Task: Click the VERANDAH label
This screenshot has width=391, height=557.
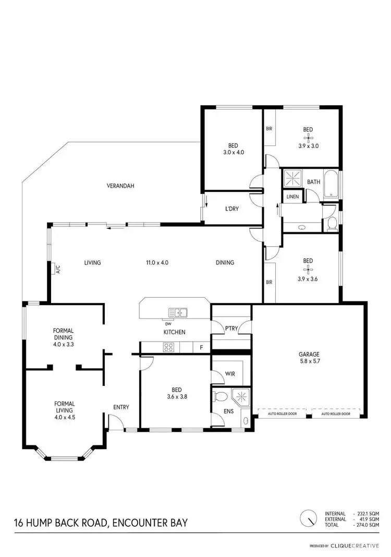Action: click(120, 186)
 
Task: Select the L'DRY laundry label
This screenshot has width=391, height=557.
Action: click(232, 209)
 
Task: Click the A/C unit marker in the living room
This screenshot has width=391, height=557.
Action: click(57, 269)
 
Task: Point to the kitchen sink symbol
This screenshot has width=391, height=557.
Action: click(178, 313)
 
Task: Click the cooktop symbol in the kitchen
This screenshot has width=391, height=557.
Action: click(169, 346)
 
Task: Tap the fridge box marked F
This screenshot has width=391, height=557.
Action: click(201, 347)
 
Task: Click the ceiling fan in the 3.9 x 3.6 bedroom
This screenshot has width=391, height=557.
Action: click(308, 270)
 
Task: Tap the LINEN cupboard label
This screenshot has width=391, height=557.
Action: click(292, 197)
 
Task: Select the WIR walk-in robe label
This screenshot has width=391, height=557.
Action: click(230, 373)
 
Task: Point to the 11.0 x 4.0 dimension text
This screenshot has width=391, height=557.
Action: click(157, 263)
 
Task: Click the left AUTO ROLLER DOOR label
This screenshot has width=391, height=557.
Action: click(282, 414)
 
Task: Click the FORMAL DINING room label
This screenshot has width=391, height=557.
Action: click(63, 334)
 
